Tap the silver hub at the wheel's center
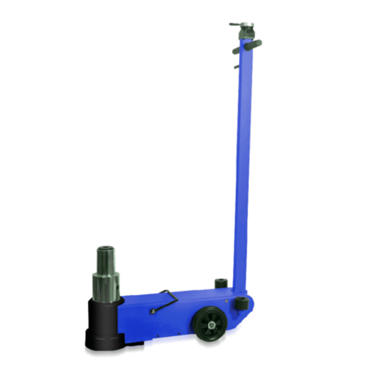click(x=211, y=325)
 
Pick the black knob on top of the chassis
click(x=221, y=283)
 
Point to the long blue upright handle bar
click(x=243, y=167)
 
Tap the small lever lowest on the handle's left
click(x=236, y=67)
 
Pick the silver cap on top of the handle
click(x=247, y=25)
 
